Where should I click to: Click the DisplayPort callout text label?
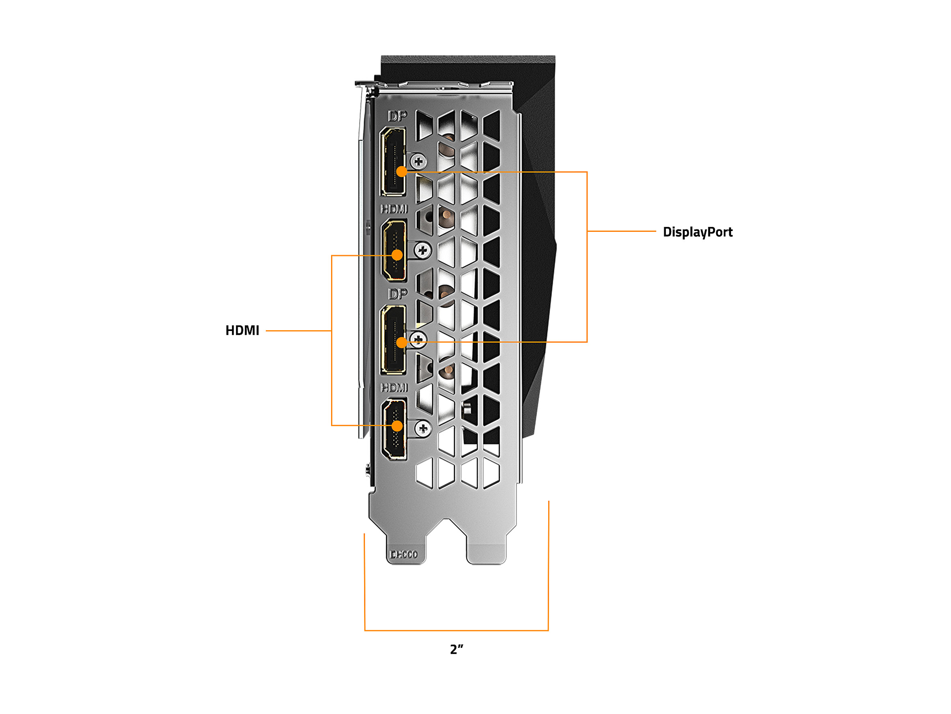click(697, 232)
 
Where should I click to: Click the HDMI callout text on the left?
click(242, 331)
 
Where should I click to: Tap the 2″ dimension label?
click(457, 650)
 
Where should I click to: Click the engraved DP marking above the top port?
click(397, 116)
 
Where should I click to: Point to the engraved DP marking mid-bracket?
click(397, 294)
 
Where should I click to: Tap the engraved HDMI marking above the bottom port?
click(394, 388)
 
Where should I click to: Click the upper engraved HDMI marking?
click(394, 209)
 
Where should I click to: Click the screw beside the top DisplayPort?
click(418, 162)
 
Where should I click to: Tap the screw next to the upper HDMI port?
click(423, 250)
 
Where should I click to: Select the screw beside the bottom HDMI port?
click(423, 428)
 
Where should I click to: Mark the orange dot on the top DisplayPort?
click(402, 172)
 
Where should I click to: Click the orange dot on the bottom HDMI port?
click(397, 426)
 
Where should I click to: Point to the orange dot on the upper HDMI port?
click(397, 255)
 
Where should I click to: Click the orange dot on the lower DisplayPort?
click(402, 343)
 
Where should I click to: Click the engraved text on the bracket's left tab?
click(403, 555)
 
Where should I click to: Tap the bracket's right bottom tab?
click(486, 553)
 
